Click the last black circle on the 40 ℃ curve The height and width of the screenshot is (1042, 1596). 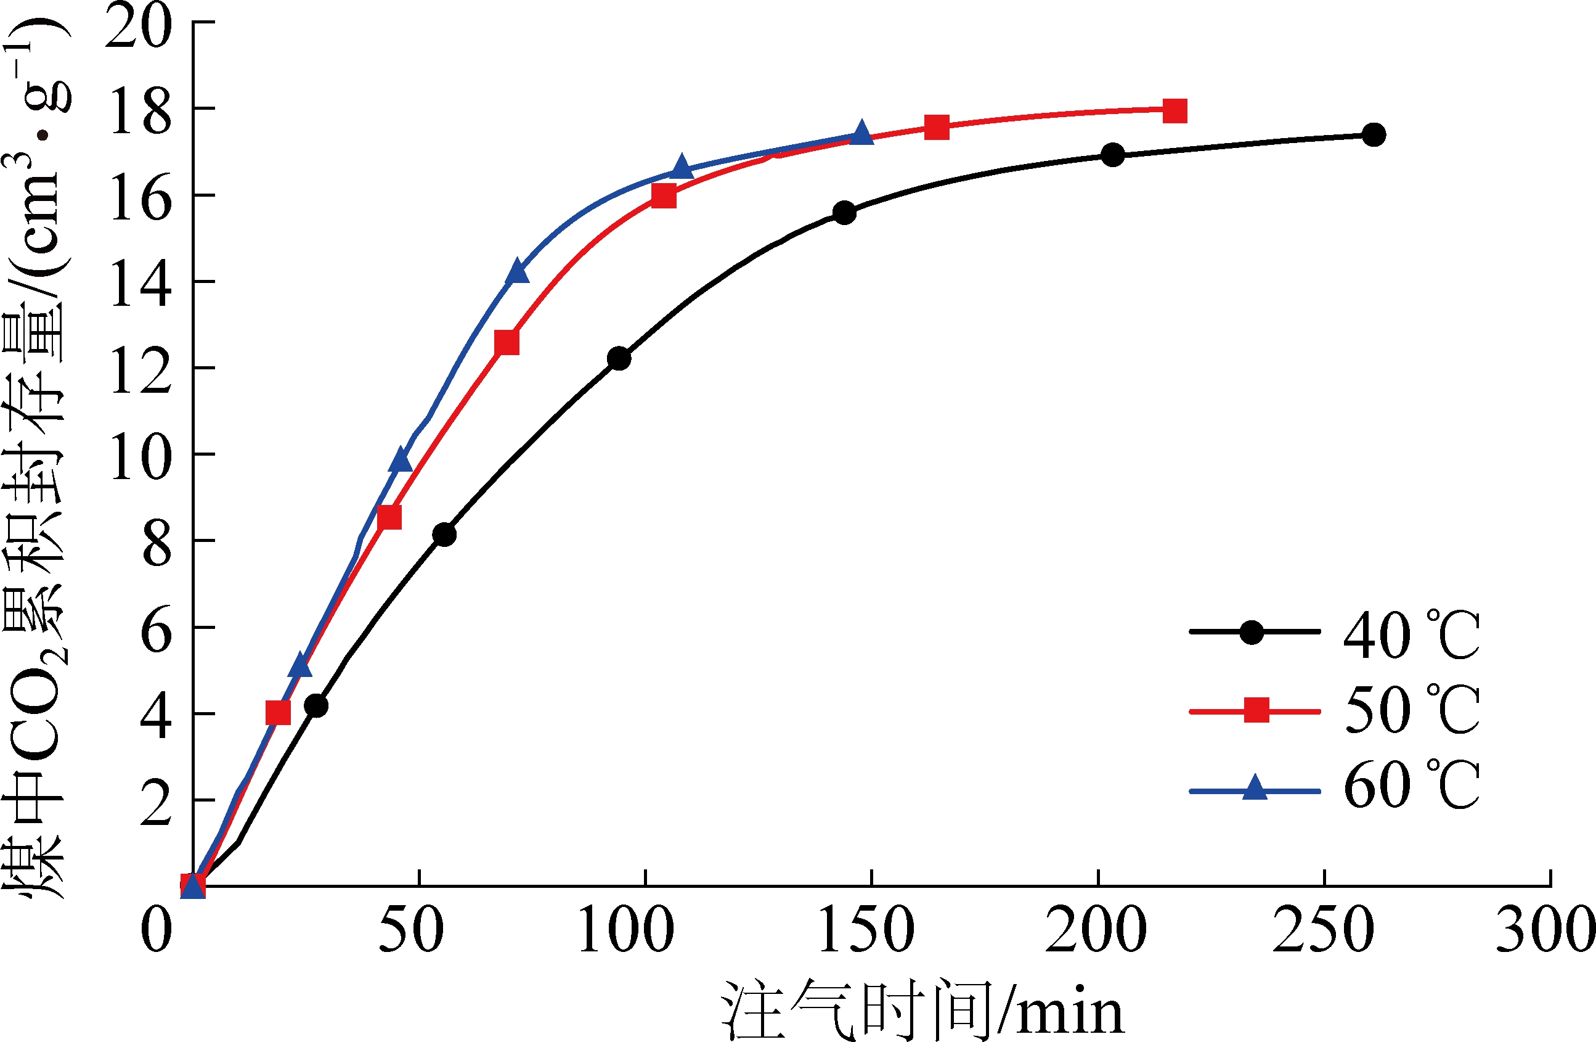[1374, 134]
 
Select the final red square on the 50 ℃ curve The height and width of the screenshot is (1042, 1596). [1175, 111]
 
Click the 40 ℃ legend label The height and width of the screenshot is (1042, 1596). [1412, 634]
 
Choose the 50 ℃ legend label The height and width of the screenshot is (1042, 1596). [1412, 710]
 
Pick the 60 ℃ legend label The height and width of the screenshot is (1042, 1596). [1412, 785]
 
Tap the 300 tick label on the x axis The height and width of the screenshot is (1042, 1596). [1545, 931]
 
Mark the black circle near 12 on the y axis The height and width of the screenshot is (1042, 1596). [619, 358]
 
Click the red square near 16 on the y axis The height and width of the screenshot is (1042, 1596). [663, 196]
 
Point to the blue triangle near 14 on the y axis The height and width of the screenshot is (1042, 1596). [517, 272]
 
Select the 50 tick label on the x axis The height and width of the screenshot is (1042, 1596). [411, 931]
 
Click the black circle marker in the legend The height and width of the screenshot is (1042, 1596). [1252, 632]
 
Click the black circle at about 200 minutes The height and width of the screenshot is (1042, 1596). [1112, 155]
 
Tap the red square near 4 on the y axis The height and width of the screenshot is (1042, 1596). [279, 713]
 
